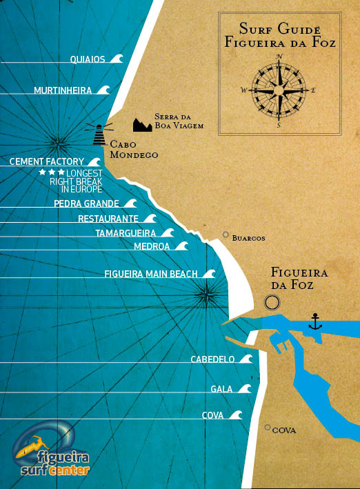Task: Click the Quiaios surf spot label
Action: point(88,59)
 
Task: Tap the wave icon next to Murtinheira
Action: point(103,90)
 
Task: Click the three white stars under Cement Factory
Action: point(52,171)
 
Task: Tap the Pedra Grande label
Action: point(86,203)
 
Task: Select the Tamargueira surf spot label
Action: point(125,233)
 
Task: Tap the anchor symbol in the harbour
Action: point(315,321)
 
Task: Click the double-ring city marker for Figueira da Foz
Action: point(272,302)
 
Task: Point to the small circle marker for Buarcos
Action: point(226,235)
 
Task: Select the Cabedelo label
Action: point(212,359)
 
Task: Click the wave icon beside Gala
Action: point(243,389)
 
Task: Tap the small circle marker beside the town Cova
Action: point(268,428)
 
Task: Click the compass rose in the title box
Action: point(279,90)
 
